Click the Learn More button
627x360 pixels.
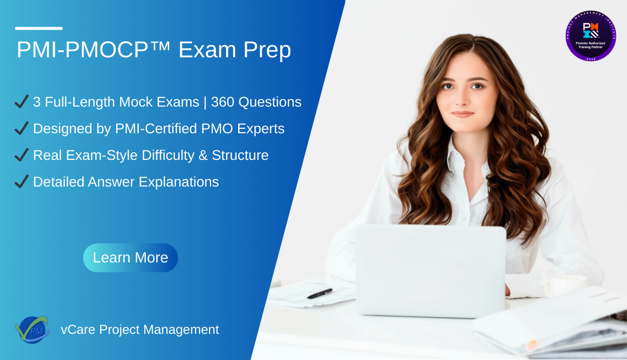131,257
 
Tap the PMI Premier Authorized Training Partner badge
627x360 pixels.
590,36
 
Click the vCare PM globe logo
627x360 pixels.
32,329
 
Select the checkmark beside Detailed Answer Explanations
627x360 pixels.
22,182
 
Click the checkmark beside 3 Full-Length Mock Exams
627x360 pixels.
22,102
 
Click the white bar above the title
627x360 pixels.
39,28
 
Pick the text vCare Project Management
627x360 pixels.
140,329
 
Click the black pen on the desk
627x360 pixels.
320,293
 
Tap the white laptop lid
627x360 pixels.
431,269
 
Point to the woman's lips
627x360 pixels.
463,114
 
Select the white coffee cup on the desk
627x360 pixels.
565,285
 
